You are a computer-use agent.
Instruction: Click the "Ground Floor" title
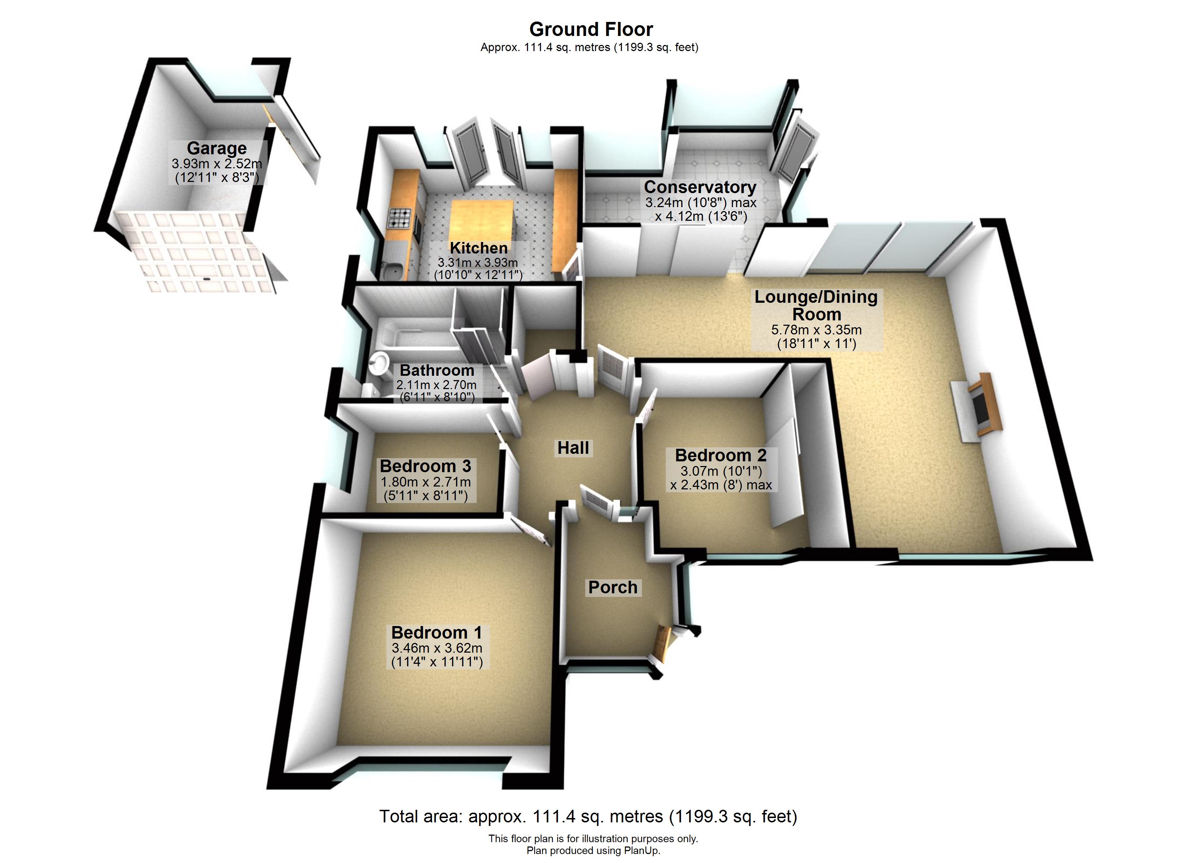(591, 29)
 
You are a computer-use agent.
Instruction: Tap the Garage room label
(217, 149)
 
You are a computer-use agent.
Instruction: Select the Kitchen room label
(478, 248)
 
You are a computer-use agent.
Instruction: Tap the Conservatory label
(700, 187)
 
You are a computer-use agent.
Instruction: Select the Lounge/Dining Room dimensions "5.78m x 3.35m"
(816, 330)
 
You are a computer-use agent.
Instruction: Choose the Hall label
(573, 448)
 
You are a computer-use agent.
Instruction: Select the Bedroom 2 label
(721, 455)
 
